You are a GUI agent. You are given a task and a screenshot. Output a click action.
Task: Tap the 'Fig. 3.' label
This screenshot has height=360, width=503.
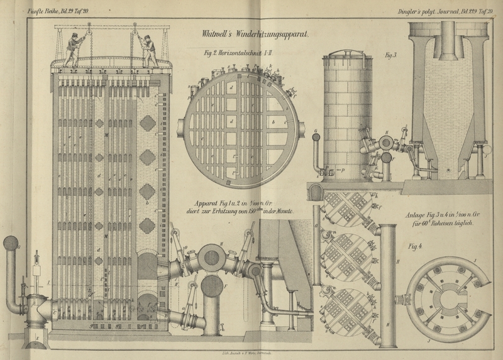click(x=392, y=56)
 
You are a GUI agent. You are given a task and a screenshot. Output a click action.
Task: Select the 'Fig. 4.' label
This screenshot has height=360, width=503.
click(x=415, y=246)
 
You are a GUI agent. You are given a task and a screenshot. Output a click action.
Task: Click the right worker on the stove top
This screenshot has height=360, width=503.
click(x=150, y=51)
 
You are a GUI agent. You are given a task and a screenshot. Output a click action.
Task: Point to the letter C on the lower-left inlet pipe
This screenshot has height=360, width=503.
click(x=55, y=308)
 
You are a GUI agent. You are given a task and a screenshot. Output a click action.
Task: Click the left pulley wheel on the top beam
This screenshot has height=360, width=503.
click(x=89, y=28)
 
